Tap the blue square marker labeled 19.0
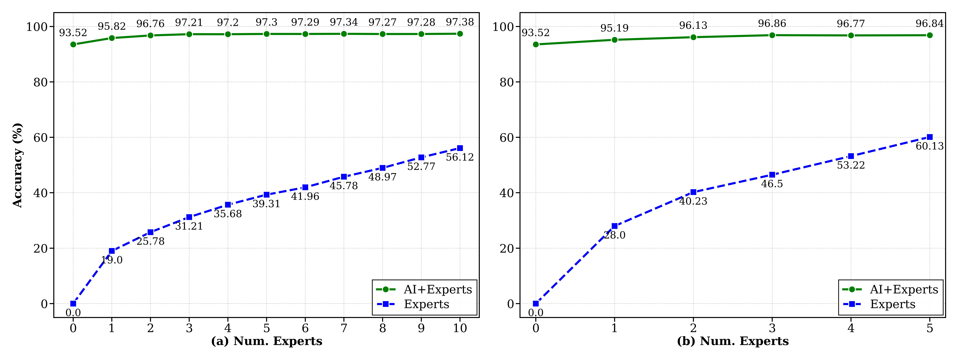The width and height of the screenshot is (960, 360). [x=112, y=251]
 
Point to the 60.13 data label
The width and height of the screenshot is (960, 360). [x=929, y=146]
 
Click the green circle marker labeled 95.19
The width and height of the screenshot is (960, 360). [x=614, y=40]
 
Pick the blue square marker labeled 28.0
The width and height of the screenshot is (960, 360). [x=614, y=226]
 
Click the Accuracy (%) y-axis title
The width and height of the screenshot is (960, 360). [x=17, y=165]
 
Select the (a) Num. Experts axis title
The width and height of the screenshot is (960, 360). [x=266, y=341]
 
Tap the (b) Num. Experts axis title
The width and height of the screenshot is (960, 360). [x=733, y=341]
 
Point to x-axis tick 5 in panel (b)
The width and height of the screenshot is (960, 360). [x=929, y=328]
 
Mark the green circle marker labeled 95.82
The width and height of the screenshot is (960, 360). [x=112, y=38]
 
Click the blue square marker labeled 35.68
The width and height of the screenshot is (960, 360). [x=228, y=205]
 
